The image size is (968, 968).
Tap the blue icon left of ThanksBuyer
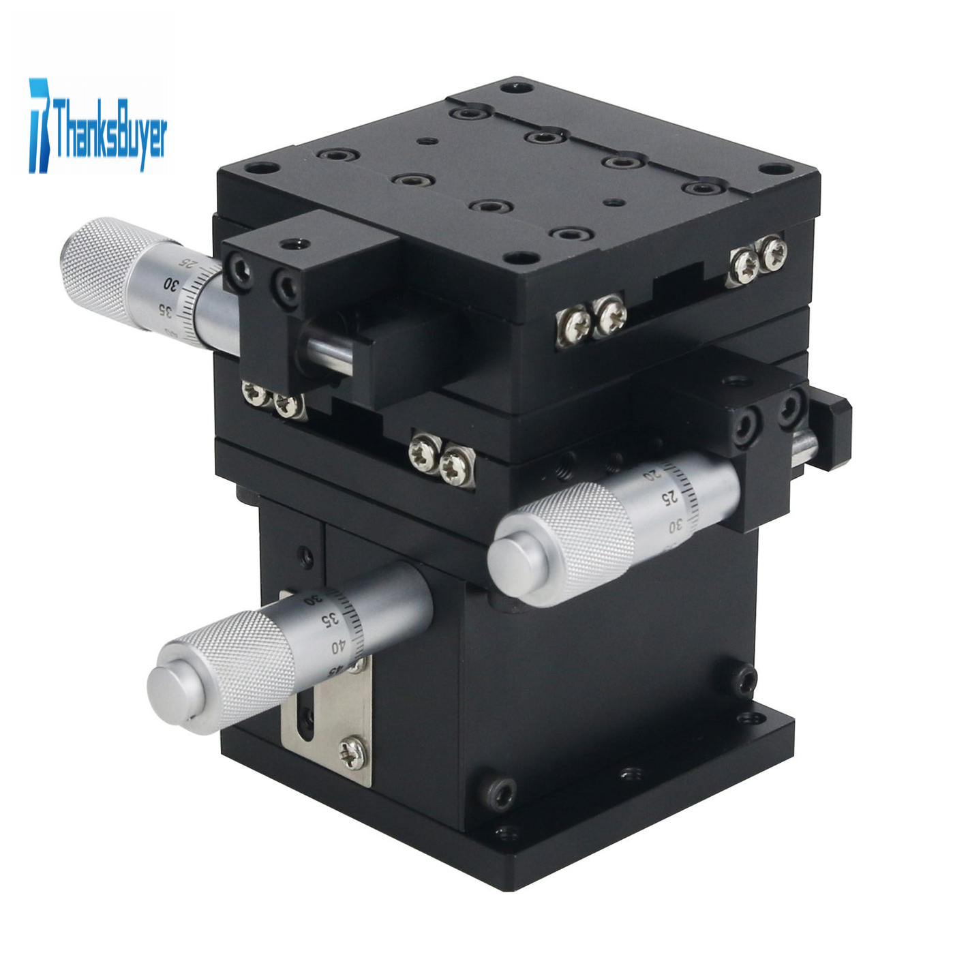[40, 125]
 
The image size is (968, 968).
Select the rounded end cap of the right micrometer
[518, 562]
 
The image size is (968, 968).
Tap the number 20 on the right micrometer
[651, 474]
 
